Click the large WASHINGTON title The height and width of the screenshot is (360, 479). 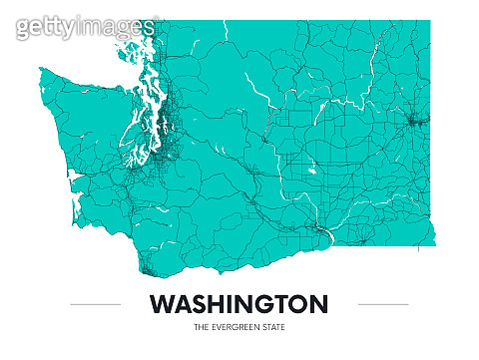pyautogui.click(x=239, y=303)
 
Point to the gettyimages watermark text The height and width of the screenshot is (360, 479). pyautogui.click(x=85, y=28)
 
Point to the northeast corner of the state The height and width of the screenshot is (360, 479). pyautogui.click(x=430, y=22)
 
